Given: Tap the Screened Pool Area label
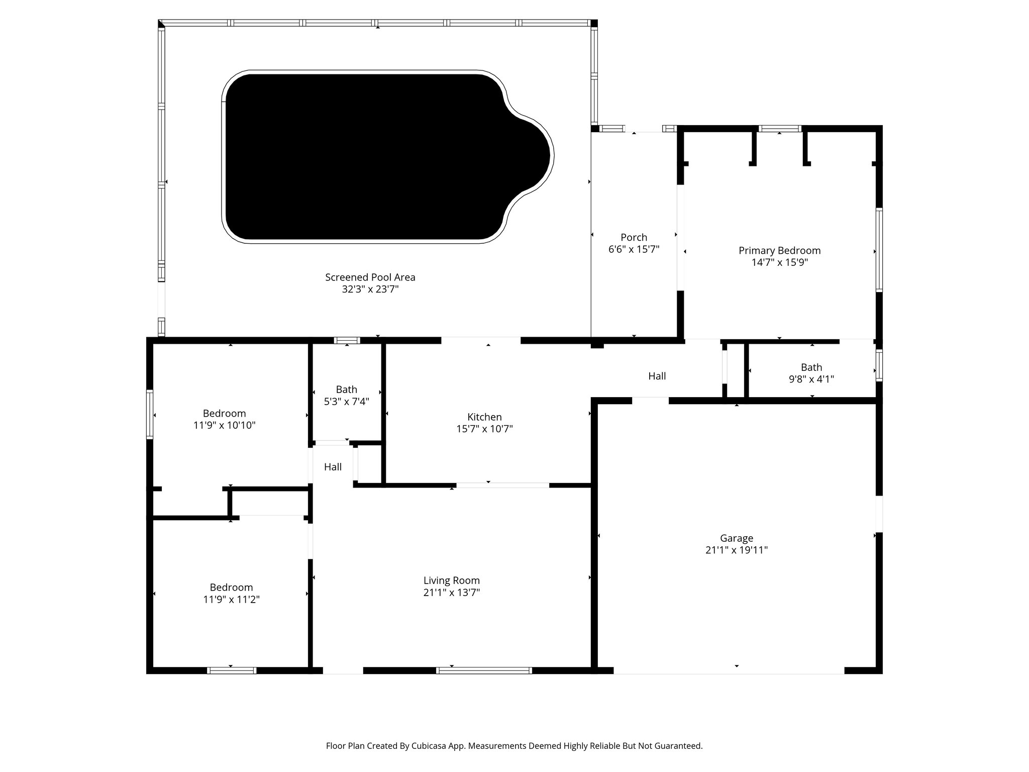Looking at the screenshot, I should click(370, 277).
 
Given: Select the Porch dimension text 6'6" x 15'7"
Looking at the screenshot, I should click(634, 249).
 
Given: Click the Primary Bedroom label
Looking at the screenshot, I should click(779, 250).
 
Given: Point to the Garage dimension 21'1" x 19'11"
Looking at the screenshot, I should click(736, 550).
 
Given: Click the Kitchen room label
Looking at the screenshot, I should click(484, 417).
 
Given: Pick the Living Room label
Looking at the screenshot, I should click(451, 581).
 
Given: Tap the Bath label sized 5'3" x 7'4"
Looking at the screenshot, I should click(346, 390).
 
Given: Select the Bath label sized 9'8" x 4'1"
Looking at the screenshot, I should click(811, 367).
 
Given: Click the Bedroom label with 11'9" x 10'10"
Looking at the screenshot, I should click(224, 413).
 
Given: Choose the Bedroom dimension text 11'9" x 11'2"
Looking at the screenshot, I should click(231, 599).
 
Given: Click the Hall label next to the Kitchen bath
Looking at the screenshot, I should click(333, 467).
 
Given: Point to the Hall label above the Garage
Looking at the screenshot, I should click(657, 376).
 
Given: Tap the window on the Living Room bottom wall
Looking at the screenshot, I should click(484, 670).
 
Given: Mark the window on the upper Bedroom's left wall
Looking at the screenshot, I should click(150, 415).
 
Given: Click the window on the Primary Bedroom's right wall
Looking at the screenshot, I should click(879, 250).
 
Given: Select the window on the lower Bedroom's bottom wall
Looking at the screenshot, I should click(232, 670).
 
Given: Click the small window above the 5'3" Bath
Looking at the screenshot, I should click(347, 340).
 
